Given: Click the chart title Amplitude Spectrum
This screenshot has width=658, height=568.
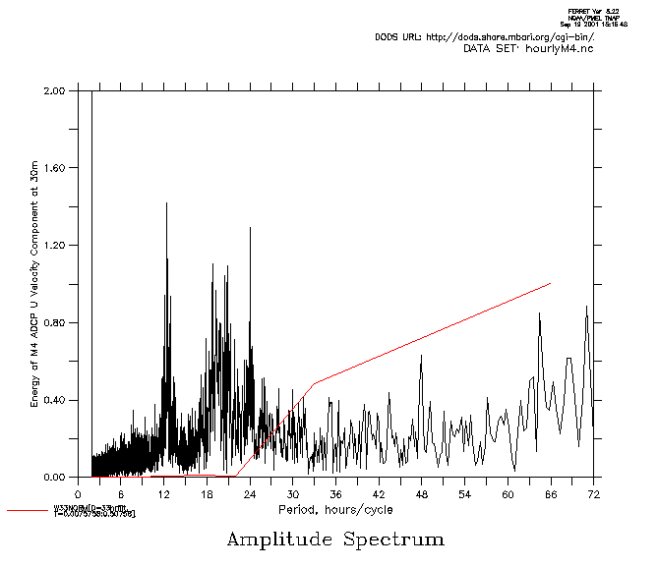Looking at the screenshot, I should pos(335,540).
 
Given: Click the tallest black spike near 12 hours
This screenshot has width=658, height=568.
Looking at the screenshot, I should pos(166,203).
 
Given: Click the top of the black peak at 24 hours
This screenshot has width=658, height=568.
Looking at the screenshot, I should pos(250,228).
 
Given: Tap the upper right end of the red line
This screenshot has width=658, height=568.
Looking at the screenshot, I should pos(550,283).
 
